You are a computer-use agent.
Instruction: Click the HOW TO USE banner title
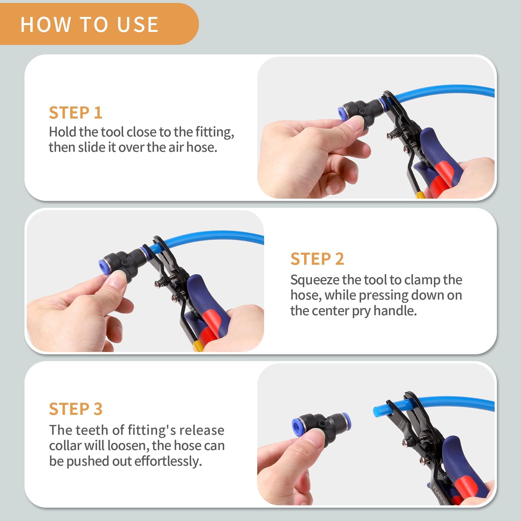point(90,24)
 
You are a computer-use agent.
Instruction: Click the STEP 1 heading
point(76,113)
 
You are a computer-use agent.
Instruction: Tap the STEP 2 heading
point(317,259)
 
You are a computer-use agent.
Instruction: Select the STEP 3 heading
point(76,409)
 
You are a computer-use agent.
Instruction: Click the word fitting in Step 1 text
point(214,132)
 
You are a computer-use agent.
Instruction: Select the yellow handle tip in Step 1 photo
point(420,195)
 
